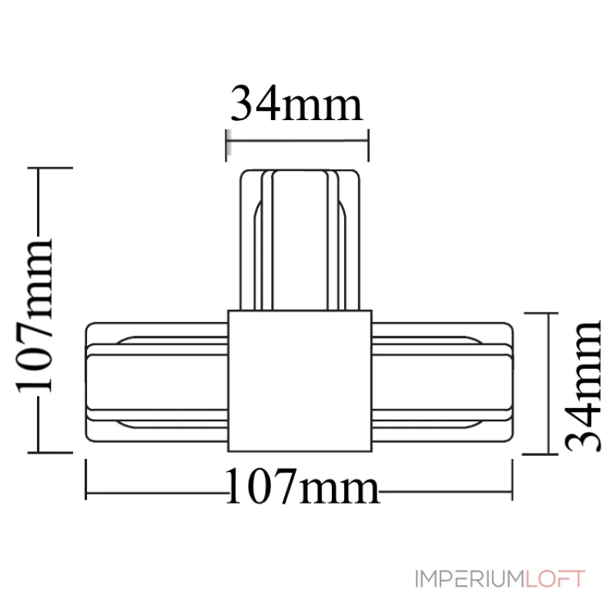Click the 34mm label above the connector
[296, 104]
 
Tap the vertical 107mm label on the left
[34, 315]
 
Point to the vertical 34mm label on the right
[583, 387]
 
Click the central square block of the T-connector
[300, 380]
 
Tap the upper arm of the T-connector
[300, 240]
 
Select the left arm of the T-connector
[157, 382]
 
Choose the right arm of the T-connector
[443, 382]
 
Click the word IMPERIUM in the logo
[470, 579]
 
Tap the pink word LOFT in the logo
[555, 579]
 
